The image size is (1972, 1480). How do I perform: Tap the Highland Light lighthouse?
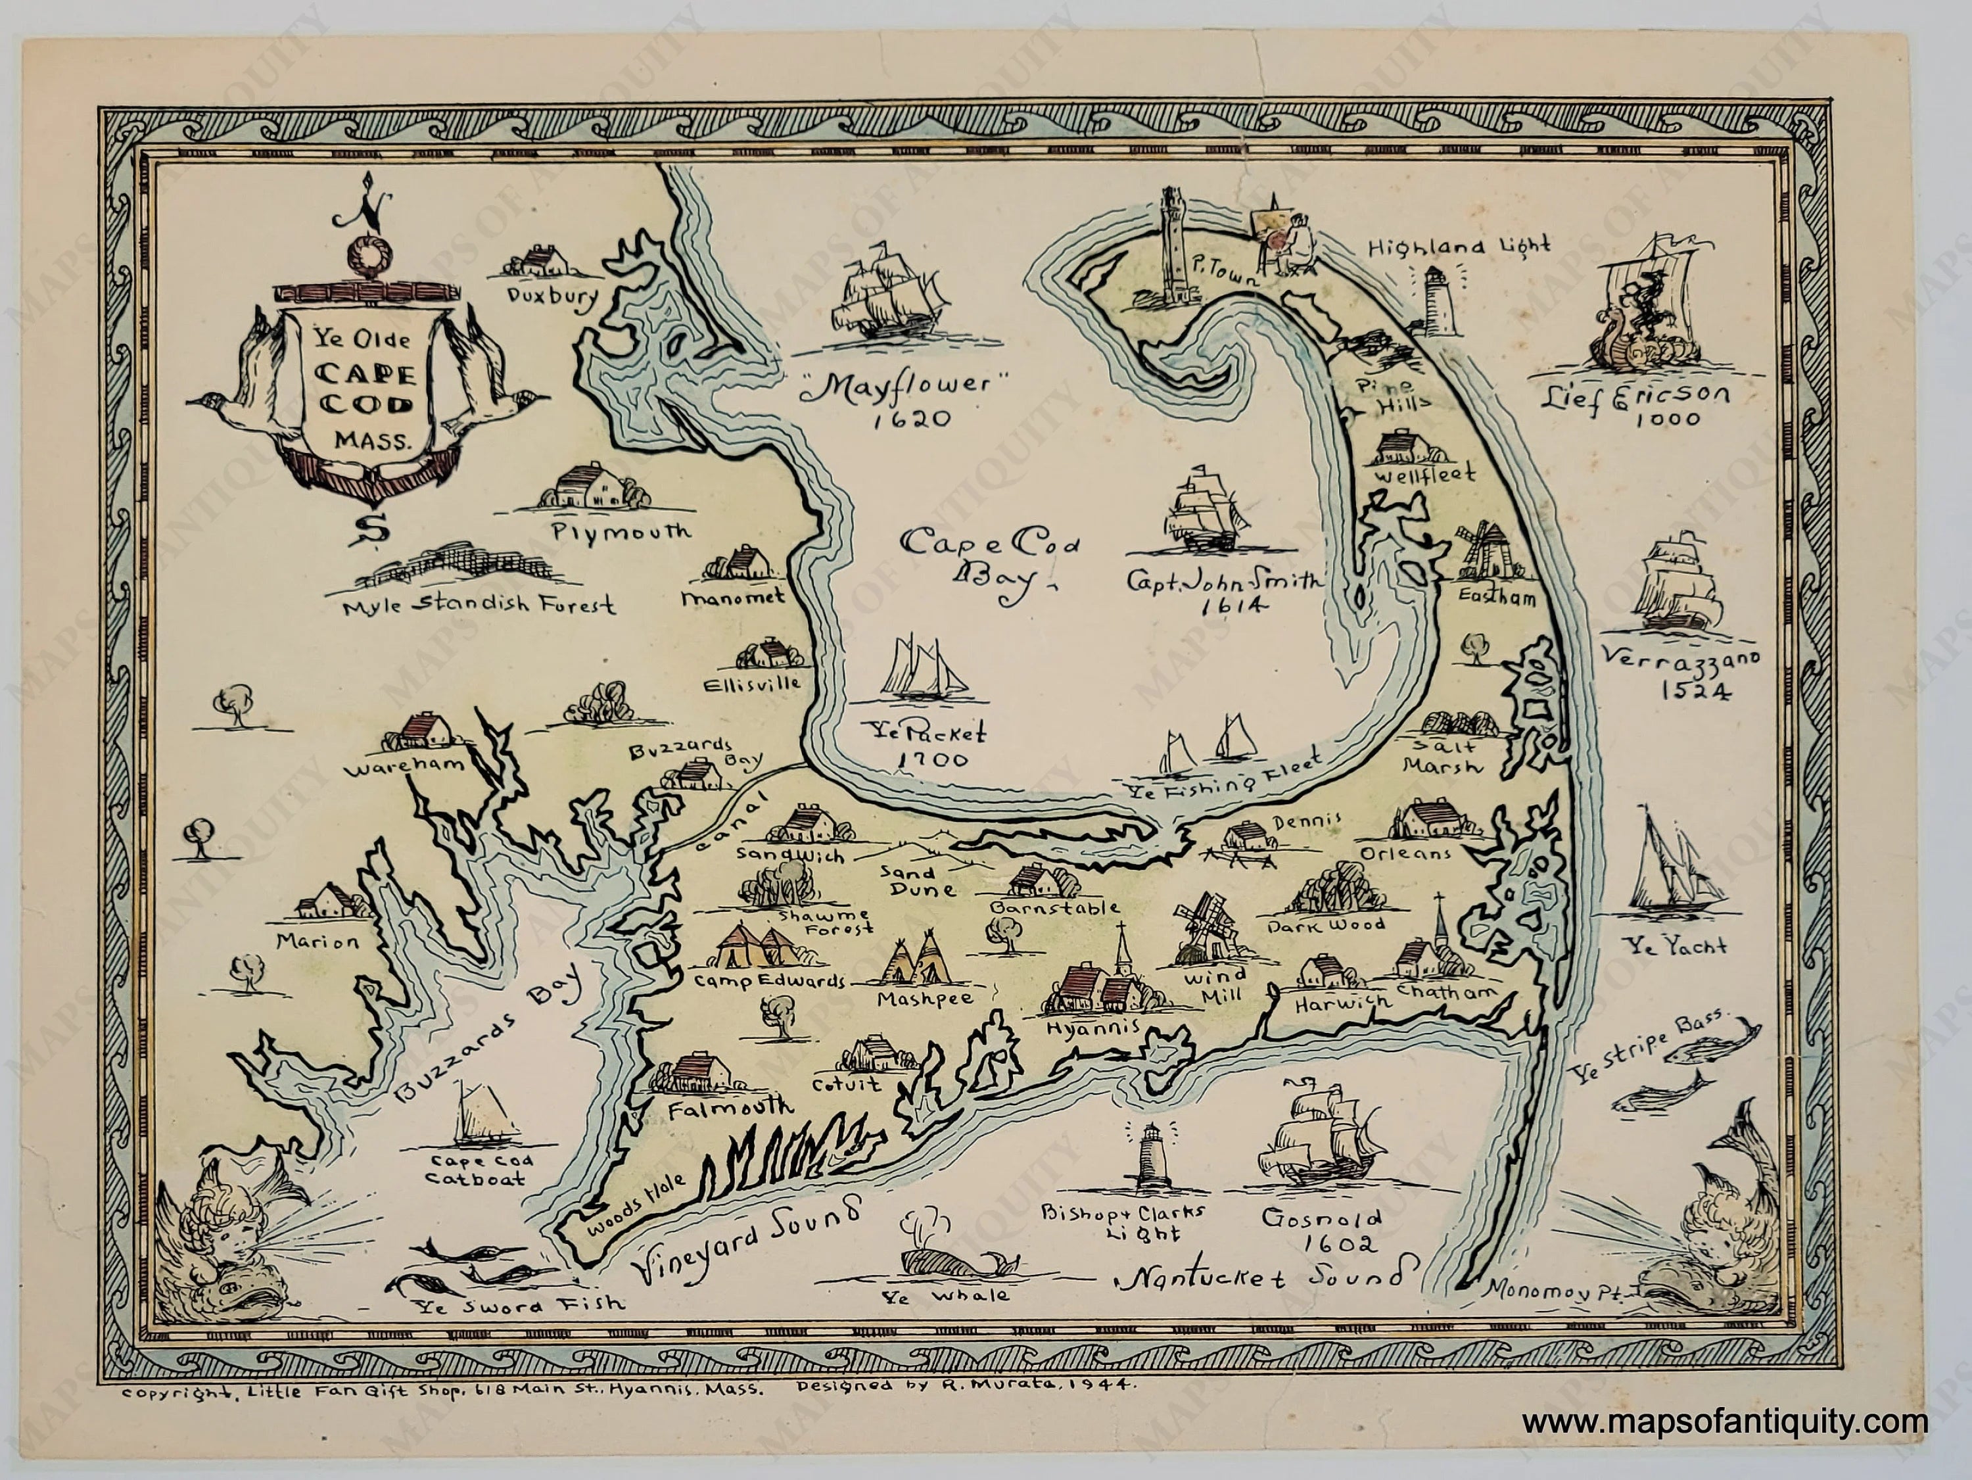coord(1436,300)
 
